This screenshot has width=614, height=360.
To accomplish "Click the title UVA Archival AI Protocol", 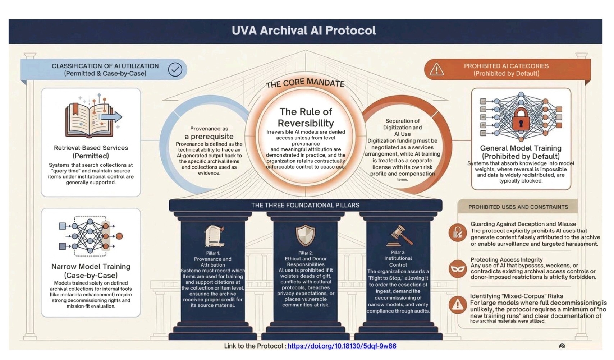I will [304, 31].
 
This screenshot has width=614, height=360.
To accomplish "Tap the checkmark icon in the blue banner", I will [175, 70].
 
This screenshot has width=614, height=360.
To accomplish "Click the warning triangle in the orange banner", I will [437, 69].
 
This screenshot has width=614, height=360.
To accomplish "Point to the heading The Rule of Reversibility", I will [306, 117].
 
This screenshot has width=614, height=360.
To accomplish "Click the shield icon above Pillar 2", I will [305, 235].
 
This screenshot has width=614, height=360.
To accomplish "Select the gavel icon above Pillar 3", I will [399, 236].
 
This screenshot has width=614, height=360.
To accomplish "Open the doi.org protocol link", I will [342, 346].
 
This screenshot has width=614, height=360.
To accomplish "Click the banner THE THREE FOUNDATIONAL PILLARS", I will [305, 205].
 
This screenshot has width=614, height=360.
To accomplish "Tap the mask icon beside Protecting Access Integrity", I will [458, 269].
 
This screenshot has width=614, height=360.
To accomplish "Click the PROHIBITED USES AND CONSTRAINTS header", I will [518, 207].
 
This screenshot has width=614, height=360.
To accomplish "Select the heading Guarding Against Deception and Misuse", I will [523, 224].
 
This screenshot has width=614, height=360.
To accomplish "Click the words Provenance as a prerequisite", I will [209, 133].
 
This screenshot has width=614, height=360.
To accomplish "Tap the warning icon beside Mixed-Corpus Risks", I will [458, 305].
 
